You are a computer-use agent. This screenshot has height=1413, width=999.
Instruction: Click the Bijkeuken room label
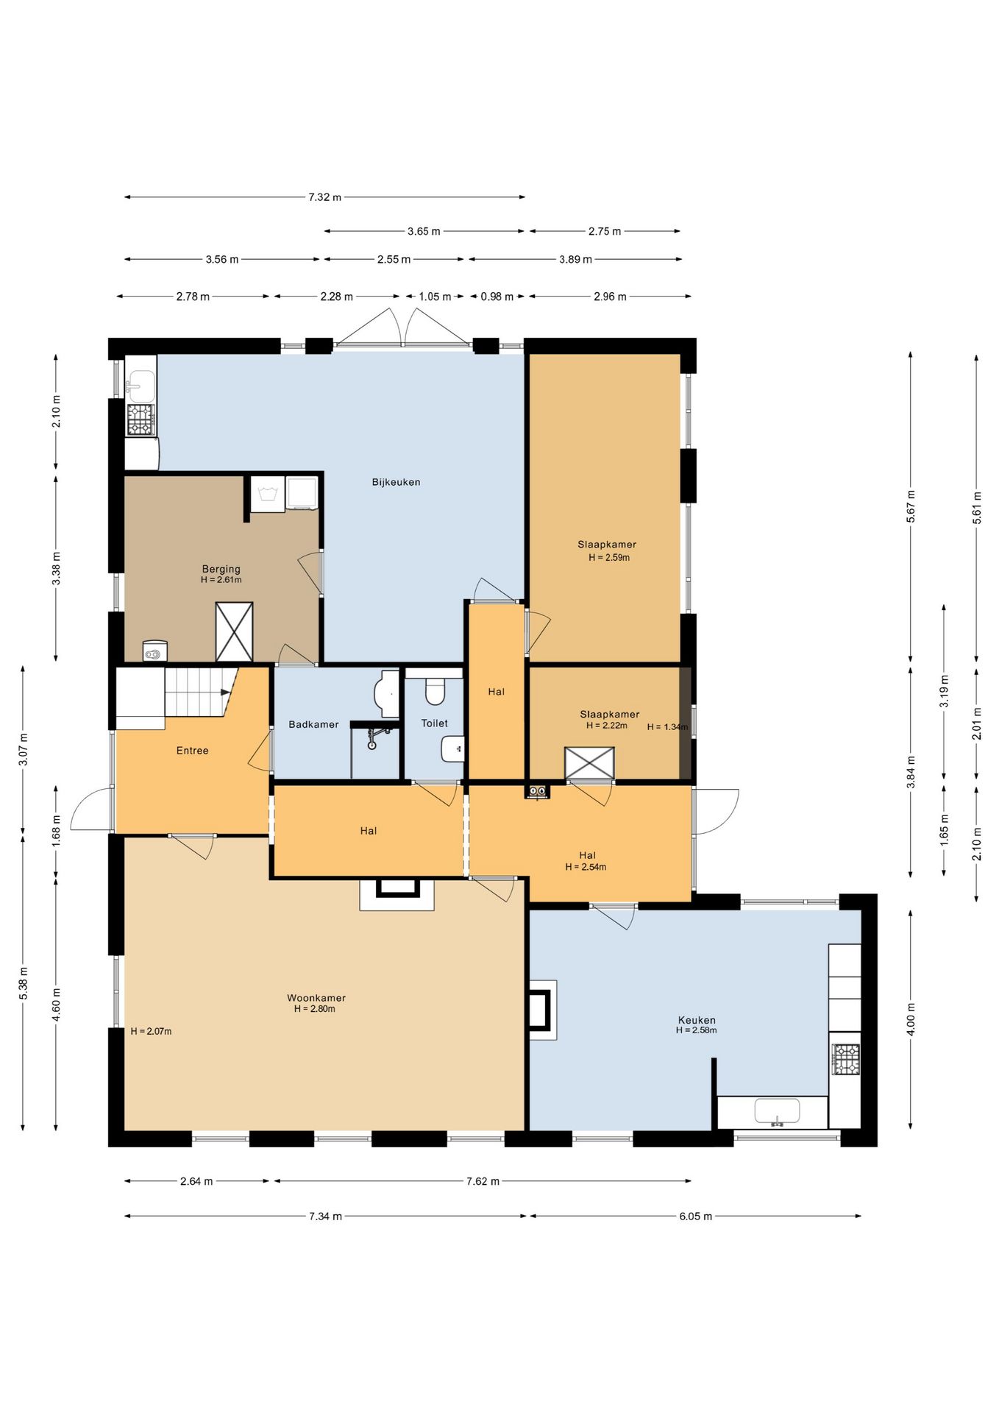(x=396, y=482)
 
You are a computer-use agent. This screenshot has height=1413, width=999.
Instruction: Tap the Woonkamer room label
(x=316, y=998)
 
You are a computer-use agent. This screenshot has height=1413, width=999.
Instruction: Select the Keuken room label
(x=697, y=1020)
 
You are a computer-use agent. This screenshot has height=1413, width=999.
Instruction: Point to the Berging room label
(x=221, y=569)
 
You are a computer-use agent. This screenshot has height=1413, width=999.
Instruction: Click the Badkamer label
(x=313, y=724)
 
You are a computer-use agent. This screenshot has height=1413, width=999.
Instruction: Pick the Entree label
(x=192, y=751)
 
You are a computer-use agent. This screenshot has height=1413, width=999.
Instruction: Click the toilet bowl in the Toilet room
(x=435, y=691)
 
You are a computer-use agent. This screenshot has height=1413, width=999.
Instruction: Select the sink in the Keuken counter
(x=777, y=1112)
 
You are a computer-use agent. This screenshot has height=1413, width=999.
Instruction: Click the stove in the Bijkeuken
(x=141, y=419)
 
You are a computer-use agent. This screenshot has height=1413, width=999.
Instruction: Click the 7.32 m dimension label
(x=324, y=197)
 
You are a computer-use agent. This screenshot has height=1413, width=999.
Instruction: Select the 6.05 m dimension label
(x=695, y=1216)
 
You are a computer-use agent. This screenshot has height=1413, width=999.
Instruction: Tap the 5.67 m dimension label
(x=911, y=506)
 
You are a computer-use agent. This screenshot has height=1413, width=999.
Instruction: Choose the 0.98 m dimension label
(x=497, y=297)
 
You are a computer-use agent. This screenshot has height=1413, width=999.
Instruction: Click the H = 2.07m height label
(x=151, y=1031)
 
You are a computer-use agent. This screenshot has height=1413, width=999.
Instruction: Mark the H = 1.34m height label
(x=667, y=727)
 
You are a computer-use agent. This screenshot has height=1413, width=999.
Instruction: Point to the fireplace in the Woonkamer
(x=397, y=893)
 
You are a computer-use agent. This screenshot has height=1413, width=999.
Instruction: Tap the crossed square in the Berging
(x=234, y=632)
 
